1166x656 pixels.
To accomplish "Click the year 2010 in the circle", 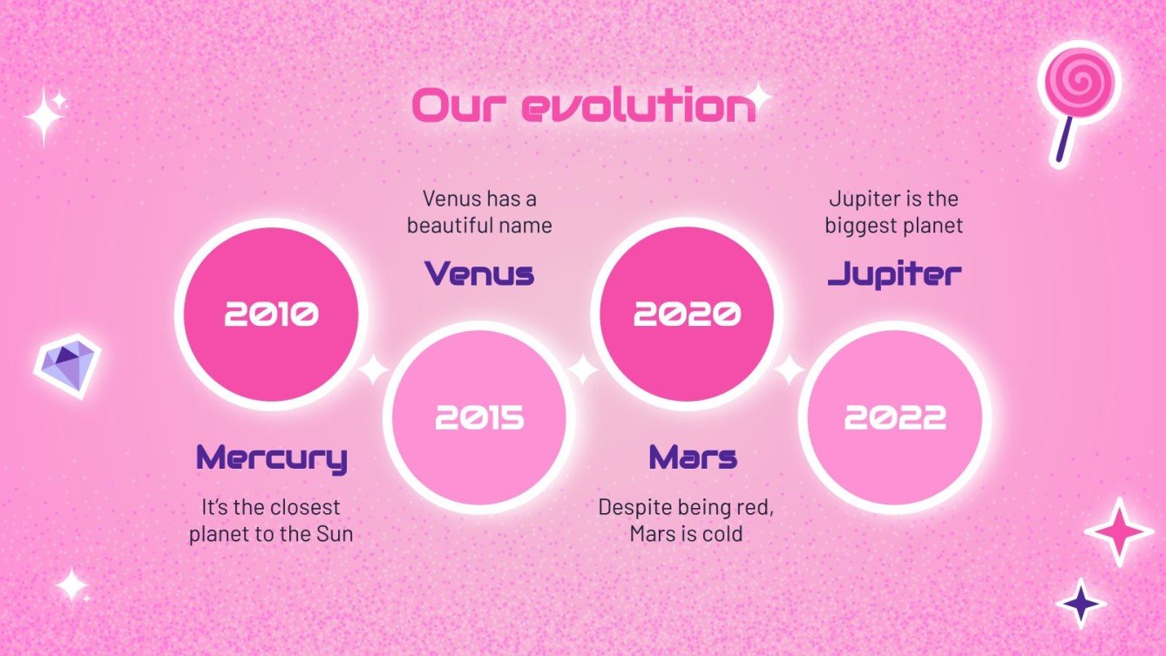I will tap(271, 314).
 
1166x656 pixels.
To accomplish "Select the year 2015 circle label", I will tap(479, 419).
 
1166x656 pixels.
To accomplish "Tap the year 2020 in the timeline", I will tap(687, 314).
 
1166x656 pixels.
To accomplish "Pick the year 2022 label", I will tap(894, 419).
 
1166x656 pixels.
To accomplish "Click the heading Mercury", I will tap(271, 457).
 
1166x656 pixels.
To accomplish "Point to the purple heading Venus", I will tap(479, 274).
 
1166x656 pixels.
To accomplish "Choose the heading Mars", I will tap(693, 457).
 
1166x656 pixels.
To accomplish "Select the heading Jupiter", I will tap(894, 274).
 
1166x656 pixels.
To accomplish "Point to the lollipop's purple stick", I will tap(1064, 139).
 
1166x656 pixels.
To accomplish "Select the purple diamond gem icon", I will tap(67, 364).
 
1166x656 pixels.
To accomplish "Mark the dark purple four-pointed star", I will tap(1081, 602).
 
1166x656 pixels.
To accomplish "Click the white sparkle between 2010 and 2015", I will tap(374, 369).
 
